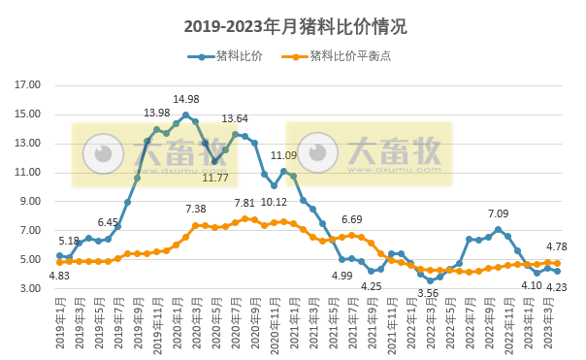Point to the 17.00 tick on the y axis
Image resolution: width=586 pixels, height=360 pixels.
tap(28, 85)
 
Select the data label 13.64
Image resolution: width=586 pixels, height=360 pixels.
tap(235, 119)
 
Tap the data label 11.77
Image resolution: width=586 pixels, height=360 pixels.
tap(214, 178)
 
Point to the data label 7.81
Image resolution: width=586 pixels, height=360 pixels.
tap(244, 204)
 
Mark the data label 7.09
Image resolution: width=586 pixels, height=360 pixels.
tap(498, 213)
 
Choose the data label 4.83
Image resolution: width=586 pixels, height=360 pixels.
tap(59, 276)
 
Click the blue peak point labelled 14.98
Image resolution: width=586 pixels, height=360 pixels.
tap(185, 115)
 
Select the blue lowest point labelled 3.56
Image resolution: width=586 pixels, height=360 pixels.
tap(430, 280)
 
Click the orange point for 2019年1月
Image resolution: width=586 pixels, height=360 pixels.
tap(59, 262)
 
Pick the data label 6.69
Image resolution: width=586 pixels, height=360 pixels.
tap(351, 220)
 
